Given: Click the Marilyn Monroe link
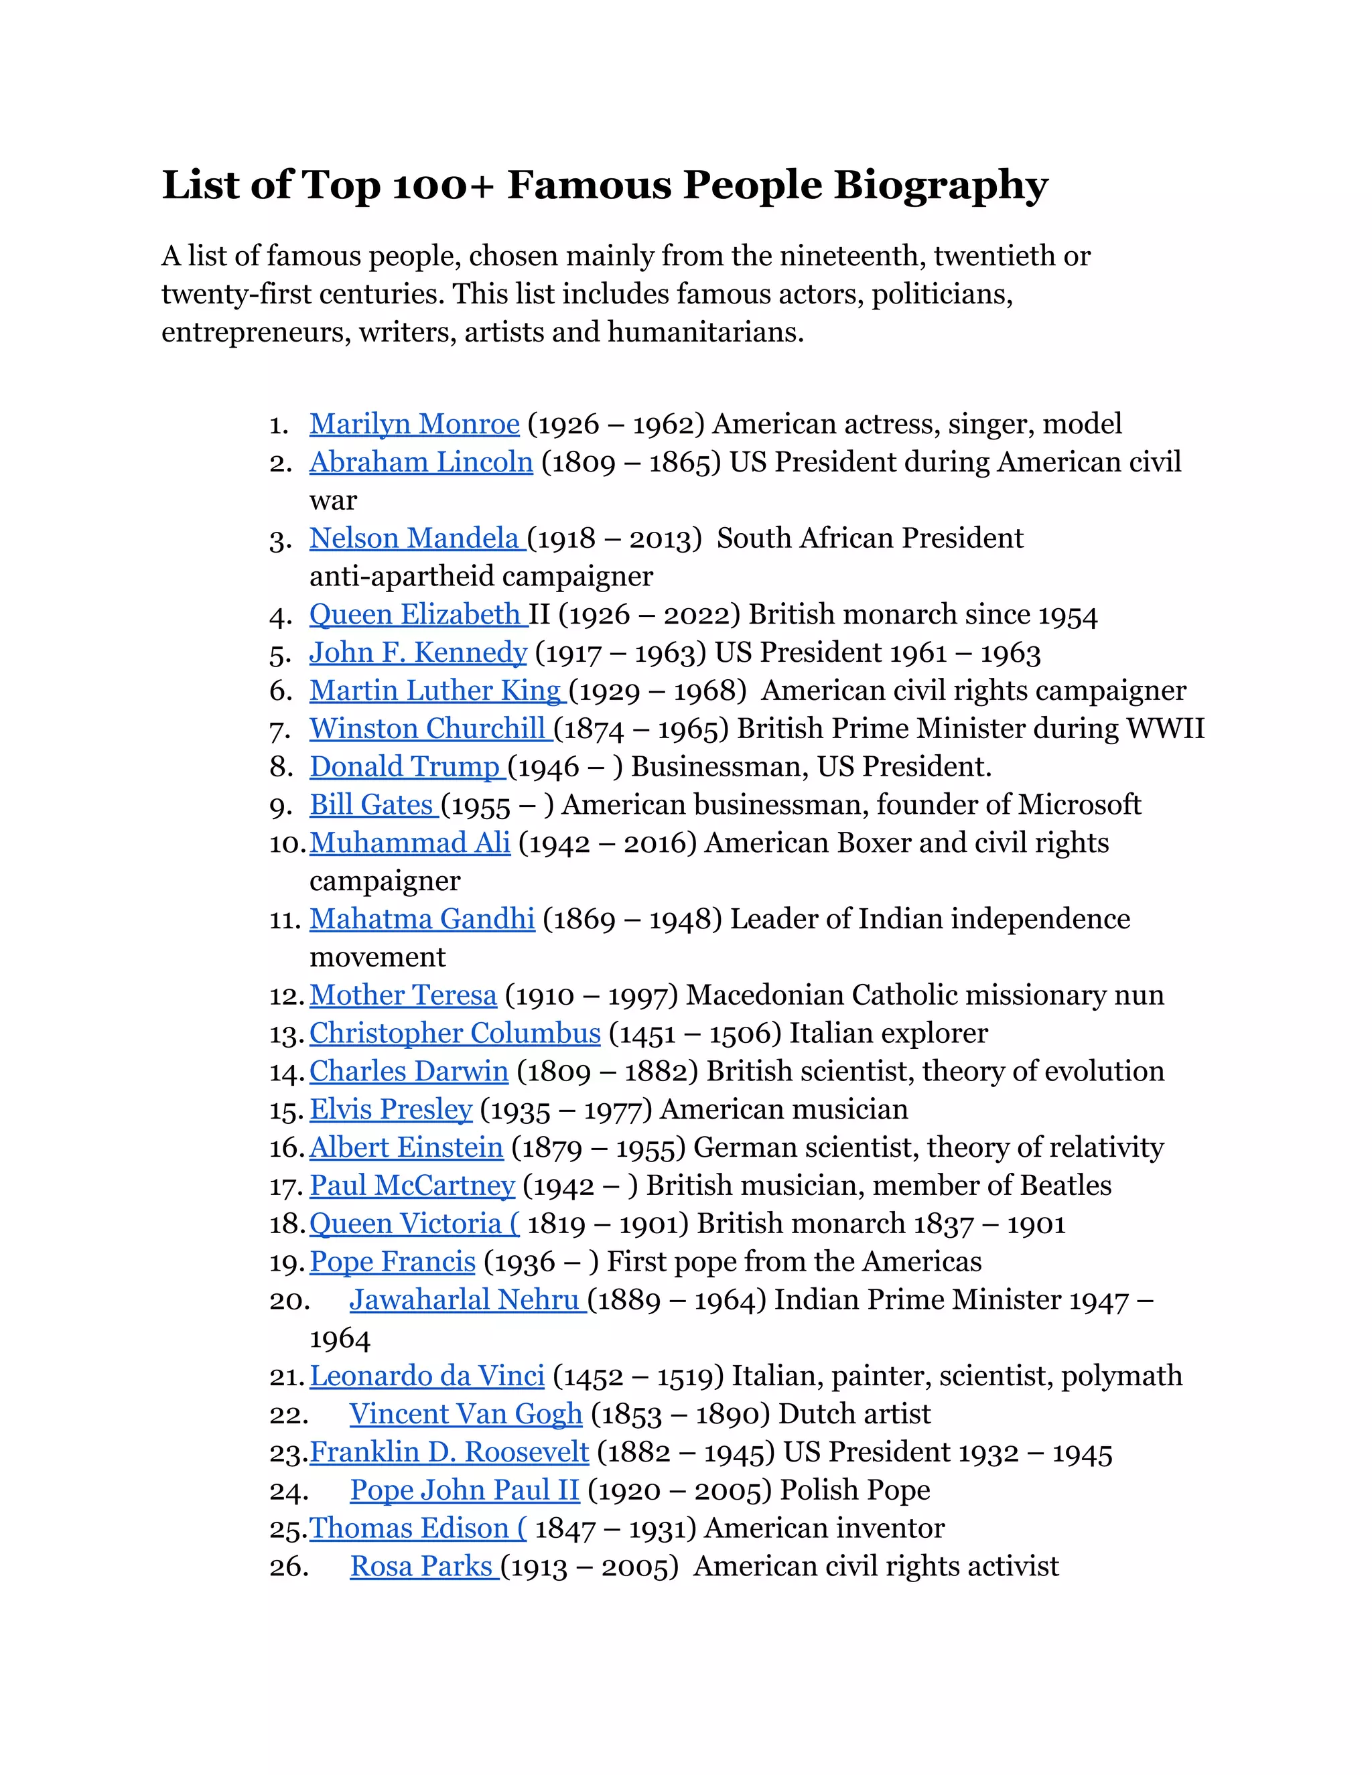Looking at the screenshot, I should tap(414, 424).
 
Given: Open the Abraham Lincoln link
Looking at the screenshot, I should tap(420, 462).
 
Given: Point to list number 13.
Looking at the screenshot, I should tap(285, 1035).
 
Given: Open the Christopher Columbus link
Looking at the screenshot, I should tap(454, 1034).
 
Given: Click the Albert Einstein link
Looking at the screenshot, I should tap(407, 1147).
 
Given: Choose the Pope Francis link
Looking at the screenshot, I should tap(392, 1262).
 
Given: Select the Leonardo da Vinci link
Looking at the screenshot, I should tap(427, 1376).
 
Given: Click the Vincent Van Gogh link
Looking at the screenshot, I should tap(466, 1414).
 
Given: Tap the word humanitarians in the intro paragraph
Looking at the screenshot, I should tap(705, 332).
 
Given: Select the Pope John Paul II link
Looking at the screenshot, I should tap(464, 1490).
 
